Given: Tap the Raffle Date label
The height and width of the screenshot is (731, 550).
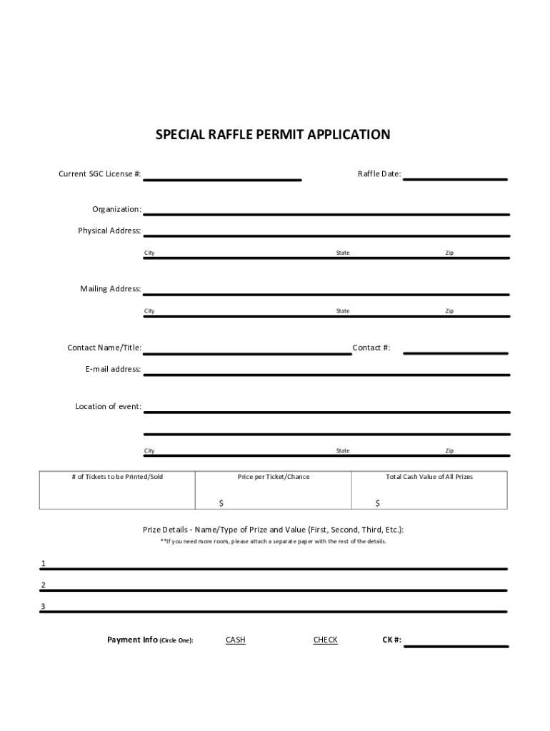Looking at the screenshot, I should tap(379, 174).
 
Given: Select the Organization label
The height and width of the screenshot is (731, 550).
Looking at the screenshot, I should tap(116, 209).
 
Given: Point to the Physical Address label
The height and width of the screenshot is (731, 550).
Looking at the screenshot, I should tap(109, 231).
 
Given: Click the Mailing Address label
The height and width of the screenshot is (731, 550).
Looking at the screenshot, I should tap(110, 289).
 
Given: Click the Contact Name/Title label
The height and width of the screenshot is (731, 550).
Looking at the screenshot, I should tap(104, 348).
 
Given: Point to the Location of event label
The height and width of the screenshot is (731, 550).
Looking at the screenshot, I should tap(108, 407).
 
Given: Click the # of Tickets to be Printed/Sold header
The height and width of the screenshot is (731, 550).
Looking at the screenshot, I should tap(117, 477).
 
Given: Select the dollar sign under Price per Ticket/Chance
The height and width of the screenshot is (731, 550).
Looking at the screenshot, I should tap(221, 503).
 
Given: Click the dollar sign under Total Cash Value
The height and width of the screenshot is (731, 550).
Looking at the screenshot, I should tap(378, 503).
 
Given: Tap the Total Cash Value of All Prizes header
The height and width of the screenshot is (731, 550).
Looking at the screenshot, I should tap(429, 477).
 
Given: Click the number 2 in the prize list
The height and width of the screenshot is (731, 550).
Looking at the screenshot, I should tap(43, 585).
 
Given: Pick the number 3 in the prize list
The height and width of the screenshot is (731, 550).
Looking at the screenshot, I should tap(43, 607).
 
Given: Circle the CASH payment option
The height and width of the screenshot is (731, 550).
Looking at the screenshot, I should tap(235, 640).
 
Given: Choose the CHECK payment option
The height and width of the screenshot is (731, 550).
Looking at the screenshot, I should tap(325, 640).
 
